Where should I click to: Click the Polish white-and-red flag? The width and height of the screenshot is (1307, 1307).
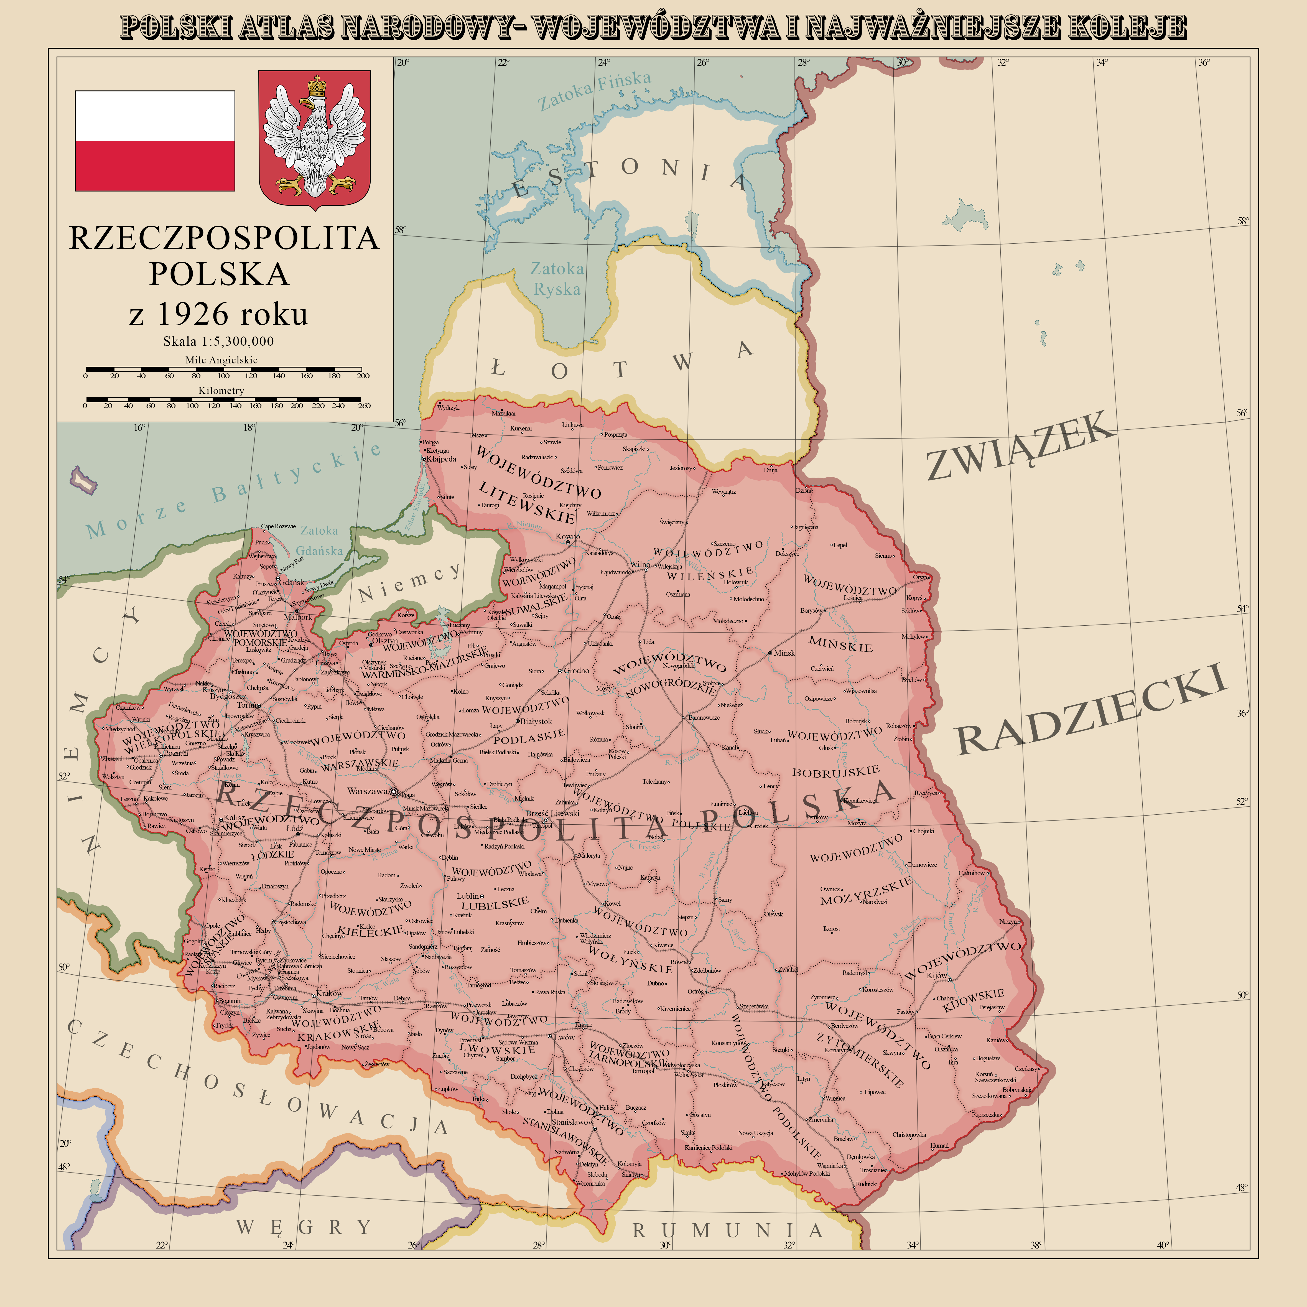point(155,141)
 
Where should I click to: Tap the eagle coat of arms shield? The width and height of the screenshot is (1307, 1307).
point(315,139)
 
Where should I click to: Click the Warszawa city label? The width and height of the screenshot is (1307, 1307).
point(367,791)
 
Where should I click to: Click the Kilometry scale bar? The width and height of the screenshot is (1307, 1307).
point(223,399)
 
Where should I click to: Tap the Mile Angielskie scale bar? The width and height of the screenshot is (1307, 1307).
point(223,369)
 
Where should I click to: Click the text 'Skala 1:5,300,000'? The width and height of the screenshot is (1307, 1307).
point(218,342)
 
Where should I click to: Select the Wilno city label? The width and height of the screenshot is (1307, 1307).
point(639,564)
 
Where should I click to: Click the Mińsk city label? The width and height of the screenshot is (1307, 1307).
point(785,653)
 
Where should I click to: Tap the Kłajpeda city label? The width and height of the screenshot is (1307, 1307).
point(441,459)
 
